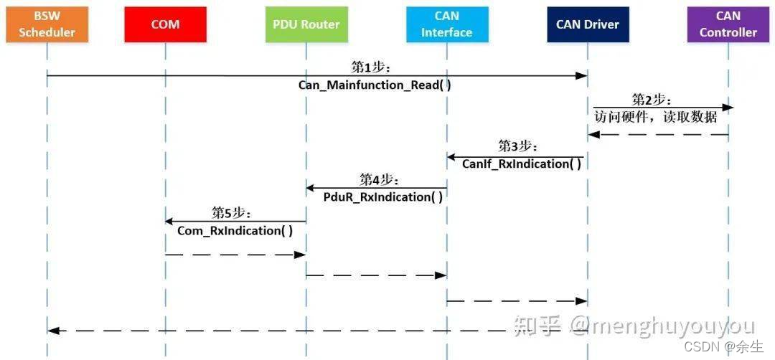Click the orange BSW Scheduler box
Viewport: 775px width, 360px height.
click(47, 24)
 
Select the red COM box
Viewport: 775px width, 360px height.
click(165, 24)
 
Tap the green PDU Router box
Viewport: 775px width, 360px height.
click(306, 24)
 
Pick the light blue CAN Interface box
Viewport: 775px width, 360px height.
click(446, 24)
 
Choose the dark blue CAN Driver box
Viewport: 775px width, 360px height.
click(587, 24)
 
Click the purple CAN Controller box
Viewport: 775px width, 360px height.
click(728, 24)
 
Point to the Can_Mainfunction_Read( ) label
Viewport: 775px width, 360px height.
click(375, 85)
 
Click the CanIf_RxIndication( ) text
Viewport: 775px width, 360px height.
click(521, 164)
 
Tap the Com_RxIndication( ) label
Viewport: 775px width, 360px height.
click(235, 230)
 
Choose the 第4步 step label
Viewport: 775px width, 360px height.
click(379, 179)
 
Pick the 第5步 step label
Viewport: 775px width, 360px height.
click(231, 212)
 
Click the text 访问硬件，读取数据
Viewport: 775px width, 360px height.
click(656, 116)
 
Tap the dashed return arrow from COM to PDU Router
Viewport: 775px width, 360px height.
click(235, 254)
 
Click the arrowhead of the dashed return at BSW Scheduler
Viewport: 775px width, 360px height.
click(52, 331)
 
